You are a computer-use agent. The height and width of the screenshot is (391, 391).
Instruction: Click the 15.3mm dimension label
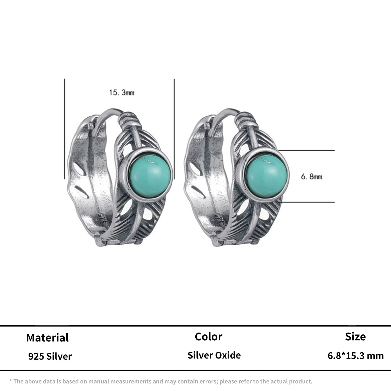coord(121,93)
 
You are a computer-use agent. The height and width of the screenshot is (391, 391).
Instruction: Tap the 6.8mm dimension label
coord(311,177)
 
